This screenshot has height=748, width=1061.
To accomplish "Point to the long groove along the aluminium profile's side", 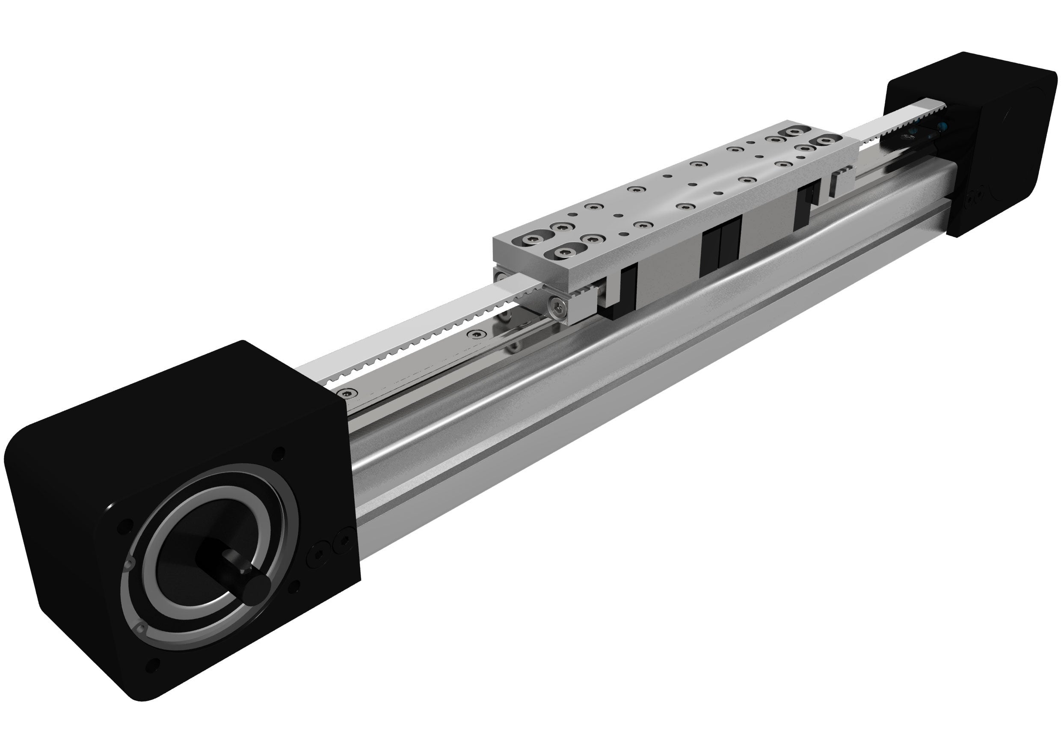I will [x=601, y=402].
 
